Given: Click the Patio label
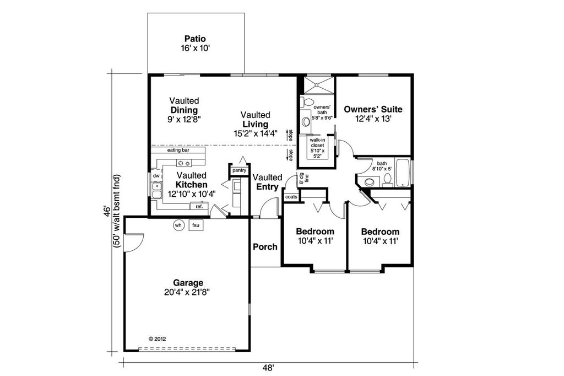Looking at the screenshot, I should (195, 39).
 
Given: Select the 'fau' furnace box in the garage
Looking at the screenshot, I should (195, 225).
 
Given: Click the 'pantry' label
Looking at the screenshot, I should (239, 171).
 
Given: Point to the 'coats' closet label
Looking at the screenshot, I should (291, 197).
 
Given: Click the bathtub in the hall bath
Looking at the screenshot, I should (403, 173).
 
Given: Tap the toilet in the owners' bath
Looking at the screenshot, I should (308, 102).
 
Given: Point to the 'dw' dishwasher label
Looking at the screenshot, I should (156, 176).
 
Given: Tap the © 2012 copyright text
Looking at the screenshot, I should (158, 339).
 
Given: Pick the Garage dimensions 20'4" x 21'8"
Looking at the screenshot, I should (187, 292).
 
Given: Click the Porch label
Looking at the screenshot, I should (265, 246).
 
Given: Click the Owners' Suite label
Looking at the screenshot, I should (373, 109).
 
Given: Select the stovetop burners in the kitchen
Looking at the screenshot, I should (183, 163).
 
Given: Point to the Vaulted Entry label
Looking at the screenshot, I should (267, 182).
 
